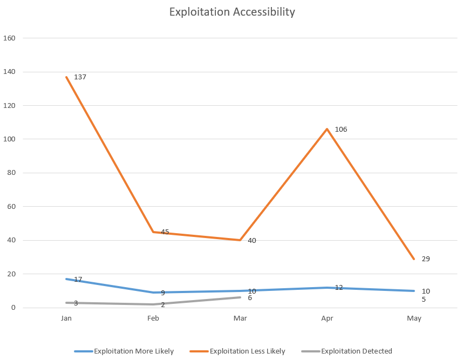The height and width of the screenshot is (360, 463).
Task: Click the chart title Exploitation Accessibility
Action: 232,12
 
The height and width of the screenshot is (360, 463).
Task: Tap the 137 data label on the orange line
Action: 80,77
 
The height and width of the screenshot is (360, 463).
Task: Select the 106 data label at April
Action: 341,130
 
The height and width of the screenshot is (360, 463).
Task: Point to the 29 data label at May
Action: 425,259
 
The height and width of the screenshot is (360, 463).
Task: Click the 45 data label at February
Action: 165,232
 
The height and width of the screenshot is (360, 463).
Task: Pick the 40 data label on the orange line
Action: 251,241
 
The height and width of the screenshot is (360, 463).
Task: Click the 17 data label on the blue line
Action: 78,280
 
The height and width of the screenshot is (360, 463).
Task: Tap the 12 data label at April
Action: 339,288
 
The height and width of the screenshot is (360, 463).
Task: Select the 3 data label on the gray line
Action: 76,303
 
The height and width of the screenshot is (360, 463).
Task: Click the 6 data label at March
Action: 250,298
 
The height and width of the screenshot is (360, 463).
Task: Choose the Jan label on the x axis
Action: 66,318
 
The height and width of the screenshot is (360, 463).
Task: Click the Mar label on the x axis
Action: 240,318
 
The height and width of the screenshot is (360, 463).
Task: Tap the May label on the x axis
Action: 414,318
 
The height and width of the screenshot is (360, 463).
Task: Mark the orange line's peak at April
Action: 326,129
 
